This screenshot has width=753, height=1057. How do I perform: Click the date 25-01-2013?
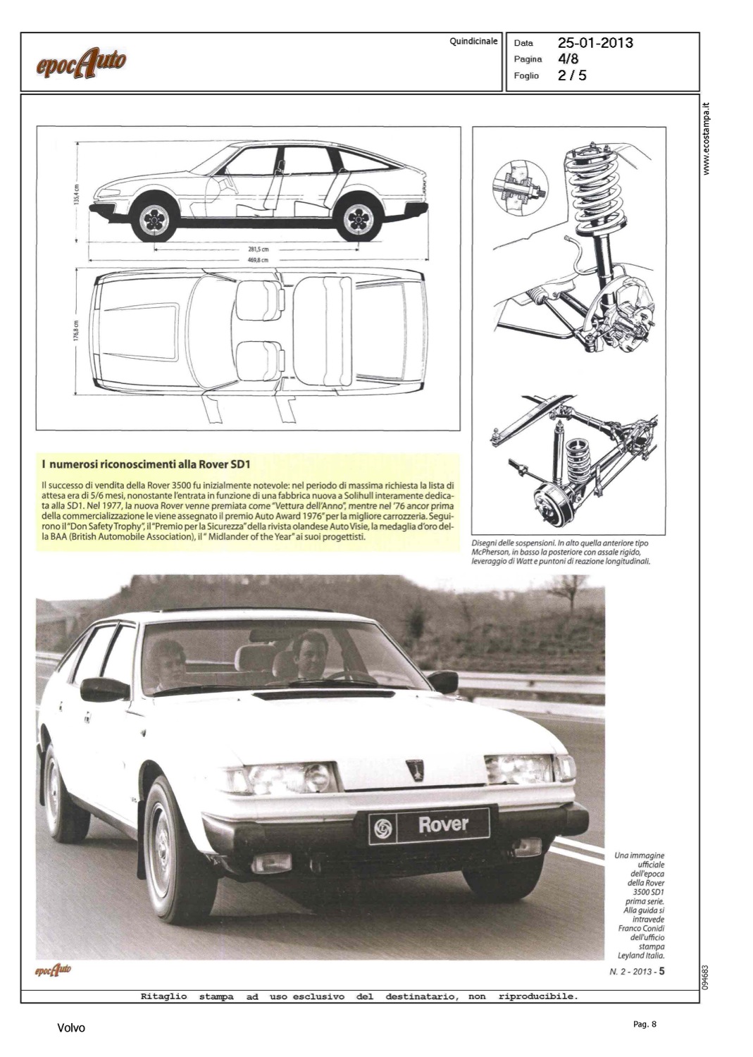[595, 43]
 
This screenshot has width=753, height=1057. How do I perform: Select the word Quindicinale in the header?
[473, 42]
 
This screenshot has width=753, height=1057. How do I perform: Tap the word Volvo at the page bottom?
[70, 1028]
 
